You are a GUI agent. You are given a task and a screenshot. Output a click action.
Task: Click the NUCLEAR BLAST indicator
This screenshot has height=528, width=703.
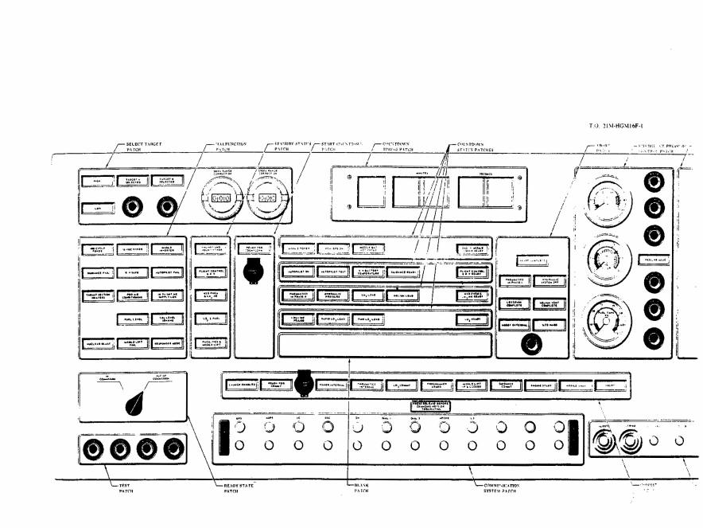pos(96,343)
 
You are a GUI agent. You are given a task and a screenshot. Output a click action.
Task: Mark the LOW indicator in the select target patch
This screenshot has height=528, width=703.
pos(96,209)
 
